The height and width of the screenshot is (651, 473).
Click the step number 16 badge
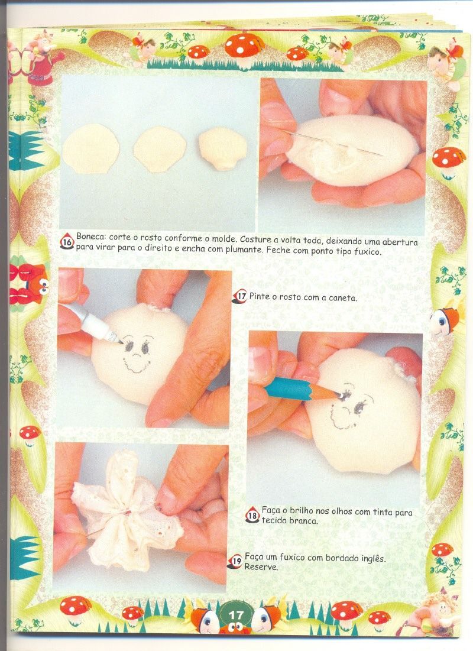[x=67, y=242]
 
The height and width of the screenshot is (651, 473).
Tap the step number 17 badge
[x=240, y=296]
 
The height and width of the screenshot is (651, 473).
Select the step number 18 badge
[x=252, y=515]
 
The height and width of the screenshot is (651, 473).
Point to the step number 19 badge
[x=235, y=562]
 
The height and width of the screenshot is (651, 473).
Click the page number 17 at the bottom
[x=236, y=615]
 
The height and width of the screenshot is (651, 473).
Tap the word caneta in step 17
[x=342, y=297]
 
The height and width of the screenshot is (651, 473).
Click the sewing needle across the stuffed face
[x=330, y=142]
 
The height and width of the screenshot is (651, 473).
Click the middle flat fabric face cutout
[x=160, y=149]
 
